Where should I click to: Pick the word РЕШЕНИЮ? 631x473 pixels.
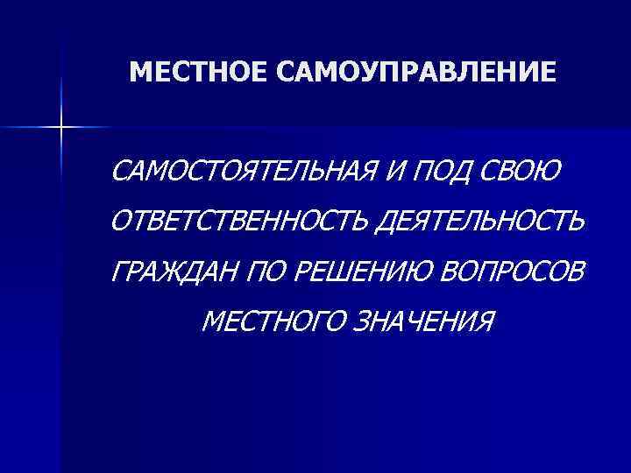(x=355, y=273)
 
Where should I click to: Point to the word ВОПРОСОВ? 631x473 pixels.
(x=505, y=273)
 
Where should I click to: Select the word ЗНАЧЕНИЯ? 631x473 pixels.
(x=424, y=322)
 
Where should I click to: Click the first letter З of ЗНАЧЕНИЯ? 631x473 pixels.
(x=362, y=322)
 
